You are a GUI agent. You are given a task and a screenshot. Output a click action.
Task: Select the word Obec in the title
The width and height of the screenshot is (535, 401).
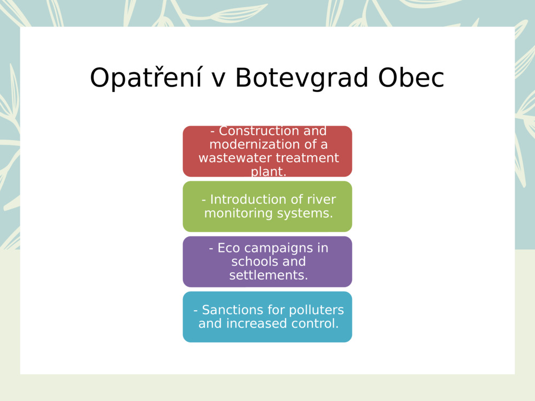(411, 79)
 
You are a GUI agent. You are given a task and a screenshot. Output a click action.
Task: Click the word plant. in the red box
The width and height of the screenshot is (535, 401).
(269, 172)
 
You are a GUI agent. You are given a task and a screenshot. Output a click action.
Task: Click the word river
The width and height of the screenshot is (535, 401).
(322, 199)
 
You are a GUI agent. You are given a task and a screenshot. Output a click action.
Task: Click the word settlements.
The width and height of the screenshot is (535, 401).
(269, 275)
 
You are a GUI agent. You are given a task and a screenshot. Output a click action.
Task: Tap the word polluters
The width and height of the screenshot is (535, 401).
(317, 310)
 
